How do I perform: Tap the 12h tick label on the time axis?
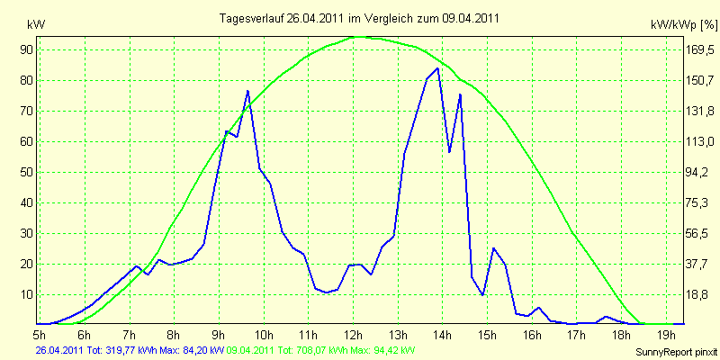click(353, 334)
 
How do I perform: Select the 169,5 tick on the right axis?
click(700, 49)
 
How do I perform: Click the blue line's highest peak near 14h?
click(437, 68)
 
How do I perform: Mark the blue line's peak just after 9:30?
click(247, 91)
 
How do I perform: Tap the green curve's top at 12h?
click(358, 37)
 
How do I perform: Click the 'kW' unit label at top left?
click(36, 25)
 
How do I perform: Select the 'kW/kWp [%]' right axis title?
click(684, 25)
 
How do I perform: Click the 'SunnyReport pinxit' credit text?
click(676, 352)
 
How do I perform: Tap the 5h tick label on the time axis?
click(40, 334)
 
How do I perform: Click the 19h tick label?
click(667, 334)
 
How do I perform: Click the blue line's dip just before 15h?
click(482, 295)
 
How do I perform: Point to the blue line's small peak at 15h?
click(493, 248)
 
